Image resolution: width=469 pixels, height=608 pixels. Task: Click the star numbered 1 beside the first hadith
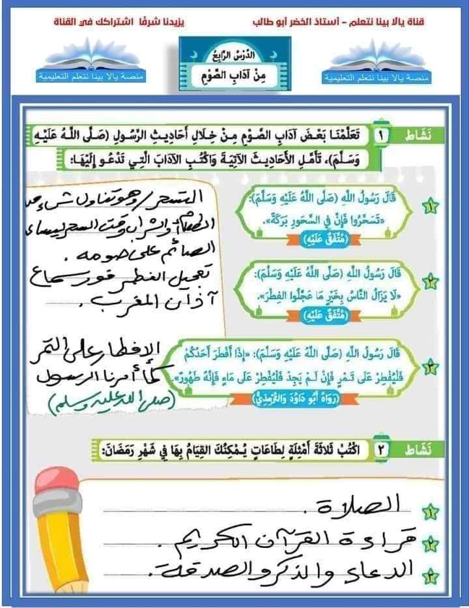point(431,207)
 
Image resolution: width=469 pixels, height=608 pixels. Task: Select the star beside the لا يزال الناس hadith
point(431,282)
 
